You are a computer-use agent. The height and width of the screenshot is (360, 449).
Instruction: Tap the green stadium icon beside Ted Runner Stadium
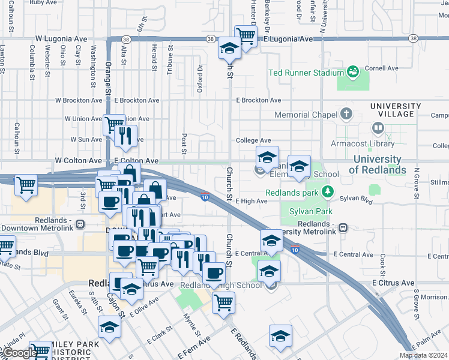[x=353, y=73]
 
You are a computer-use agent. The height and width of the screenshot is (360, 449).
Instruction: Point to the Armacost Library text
[x=361, y=143]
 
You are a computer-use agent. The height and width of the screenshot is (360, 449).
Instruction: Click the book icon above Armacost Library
[x=378, y=127]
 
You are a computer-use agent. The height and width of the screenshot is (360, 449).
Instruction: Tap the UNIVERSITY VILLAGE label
[x=392, y=110]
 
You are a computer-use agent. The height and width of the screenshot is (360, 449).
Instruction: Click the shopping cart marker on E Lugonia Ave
[x=246, y=35]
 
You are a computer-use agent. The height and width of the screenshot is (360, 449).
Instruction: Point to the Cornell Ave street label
[x=384, y=68]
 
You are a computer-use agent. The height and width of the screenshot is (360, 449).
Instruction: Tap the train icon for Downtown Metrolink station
[x=80, y=223]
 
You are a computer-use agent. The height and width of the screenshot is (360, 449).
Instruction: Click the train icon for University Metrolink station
[x=343, y=227]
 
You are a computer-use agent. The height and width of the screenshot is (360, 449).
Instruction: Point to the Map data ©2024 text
[x=423, y=355]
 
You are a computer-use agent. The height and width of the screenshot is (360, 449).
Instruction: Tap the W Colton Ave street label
[x=78, y=161]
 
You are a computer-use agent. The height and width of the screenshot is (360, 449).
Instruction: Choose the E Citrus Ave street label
[x=393, y=283]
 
